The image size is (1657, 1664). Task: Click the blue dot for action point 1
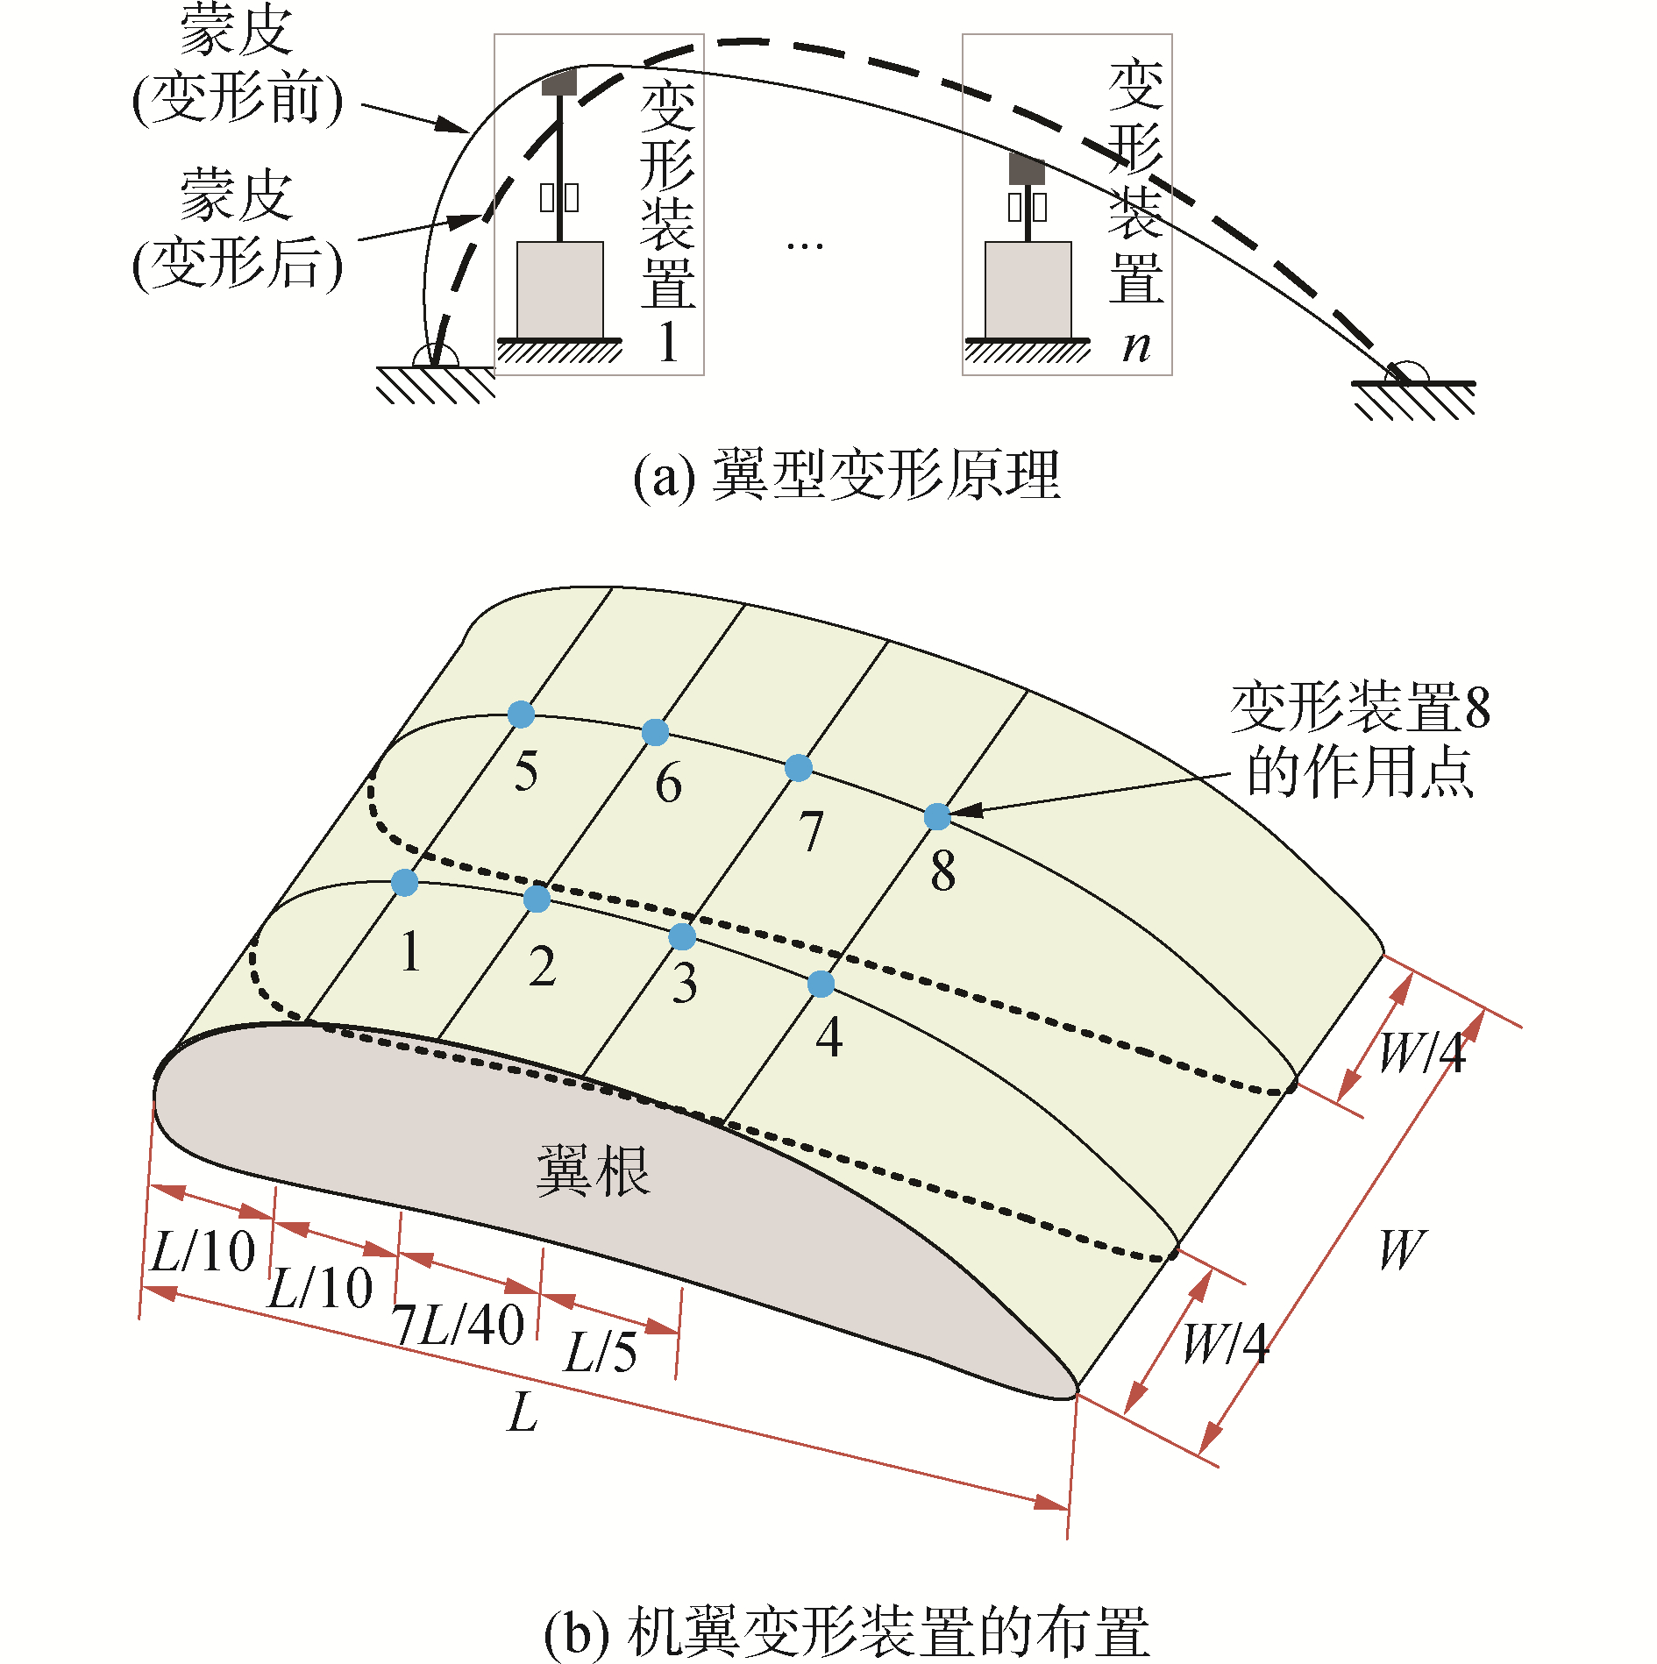404,882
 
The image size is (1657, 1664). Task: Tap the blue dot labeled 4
821,984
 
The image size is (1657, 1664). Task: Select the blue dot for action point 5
521,714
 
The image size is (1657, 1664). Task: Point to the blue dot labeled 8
937,816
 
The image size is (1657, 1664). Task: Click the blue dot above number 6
655,731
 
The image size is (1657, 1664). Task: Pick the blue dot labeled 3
682,936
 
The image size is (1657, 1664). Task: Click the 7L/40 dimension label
459,1324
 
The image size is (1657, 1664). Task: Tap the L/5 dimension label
601,1352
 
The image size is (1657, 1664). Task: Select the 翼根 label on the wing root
593,1170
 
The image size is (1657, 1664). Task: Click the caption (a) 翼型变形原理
847,476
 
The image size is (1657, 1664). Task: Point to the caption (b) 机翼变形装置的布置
847,1632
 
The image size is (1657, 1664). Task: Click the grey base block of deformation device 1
559,289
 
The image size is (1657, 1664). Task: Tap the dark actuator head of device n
1027,170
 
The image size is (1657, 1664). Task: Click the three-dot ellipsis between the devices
805,246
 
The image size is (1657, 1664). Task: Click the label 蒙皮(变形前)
237,66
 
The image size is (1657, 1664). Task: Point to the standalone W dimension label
1401,1248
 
